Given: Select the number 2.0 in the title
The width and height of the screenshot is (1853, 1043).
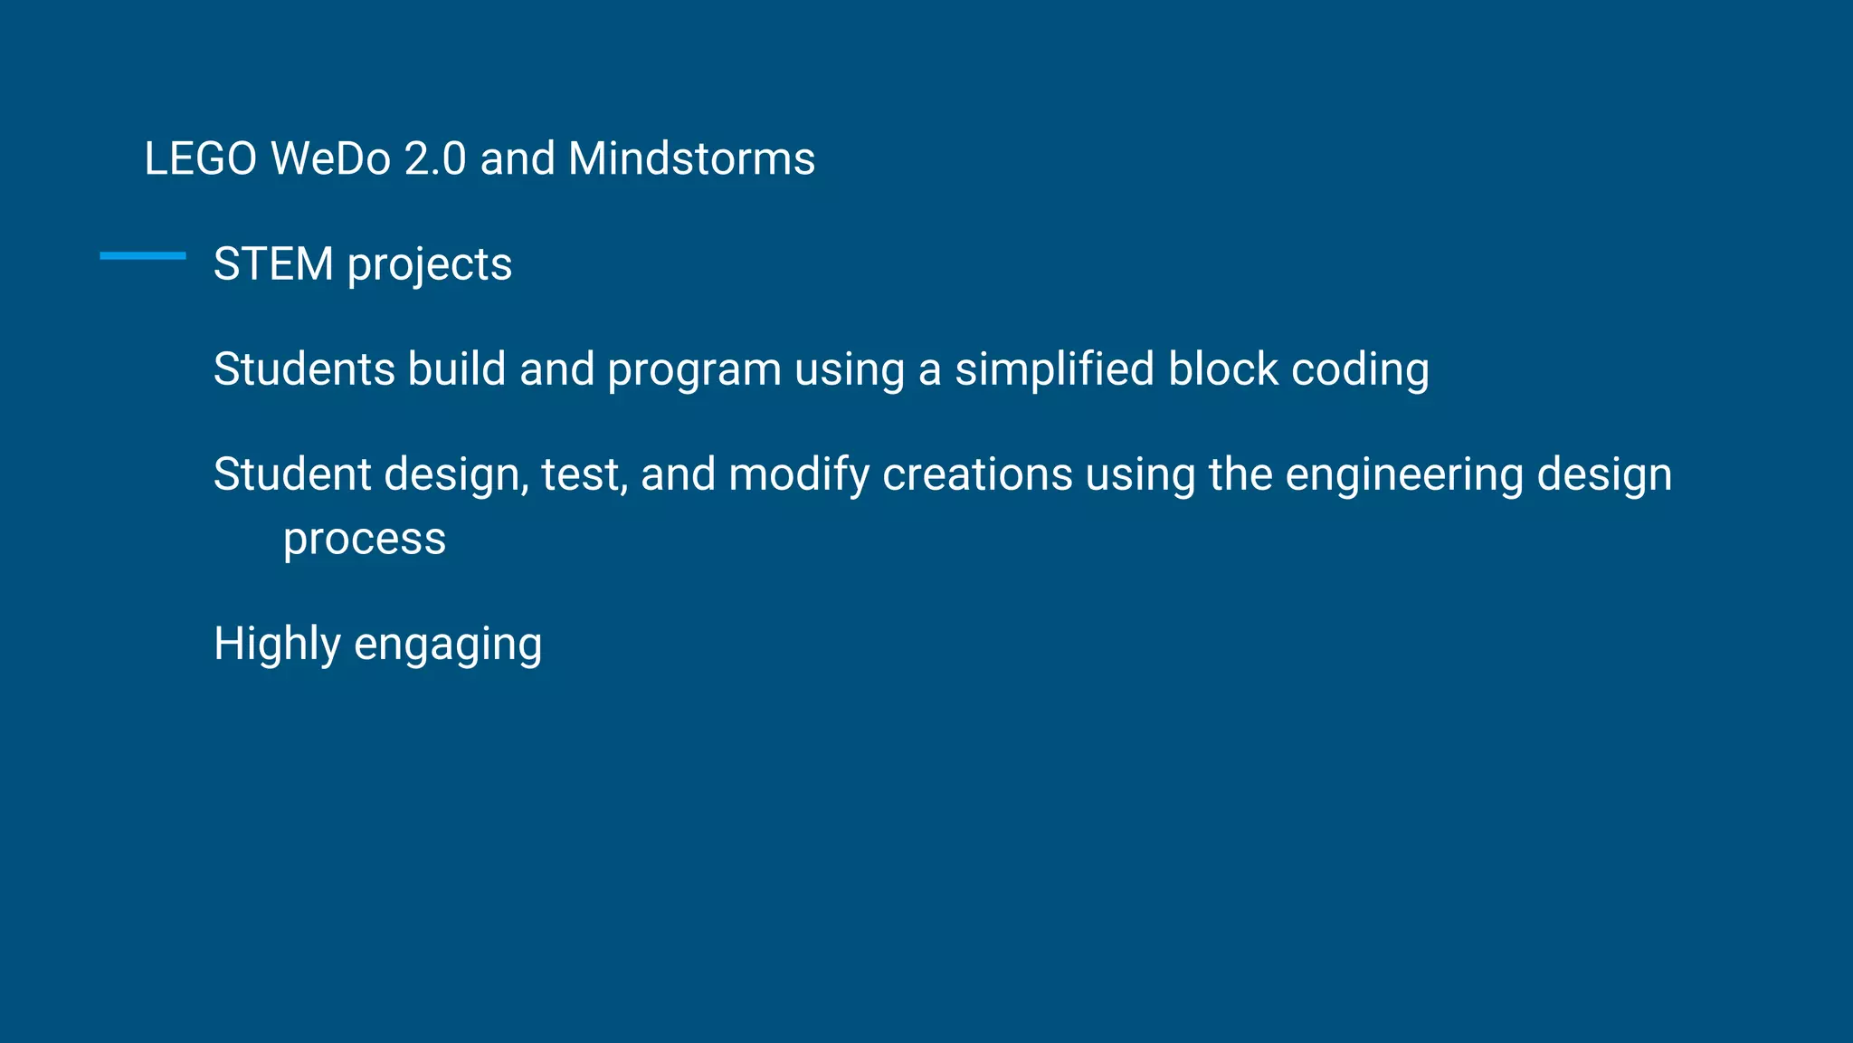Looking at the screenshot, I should [435, 158].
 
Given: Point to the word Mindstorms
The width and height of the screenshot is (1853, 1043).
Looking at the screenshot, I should [691, 158].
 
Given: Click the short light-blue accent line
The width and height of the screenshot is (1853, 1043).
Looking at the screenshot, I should [143, 256].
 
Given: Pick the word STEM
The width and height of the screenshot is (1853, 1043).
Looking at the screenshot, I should [273, 264].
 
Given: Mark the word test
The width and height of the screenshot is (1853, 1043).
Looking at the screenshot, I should [584, 475].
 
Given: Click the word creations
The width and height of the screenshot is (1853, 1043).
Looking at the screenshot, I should [977, 474].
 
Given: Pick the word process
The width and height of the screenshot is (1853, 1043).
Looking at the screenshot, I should [365, 541].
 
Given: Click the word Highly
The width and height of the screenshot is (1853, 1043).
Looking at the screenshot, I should [277, 645].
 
